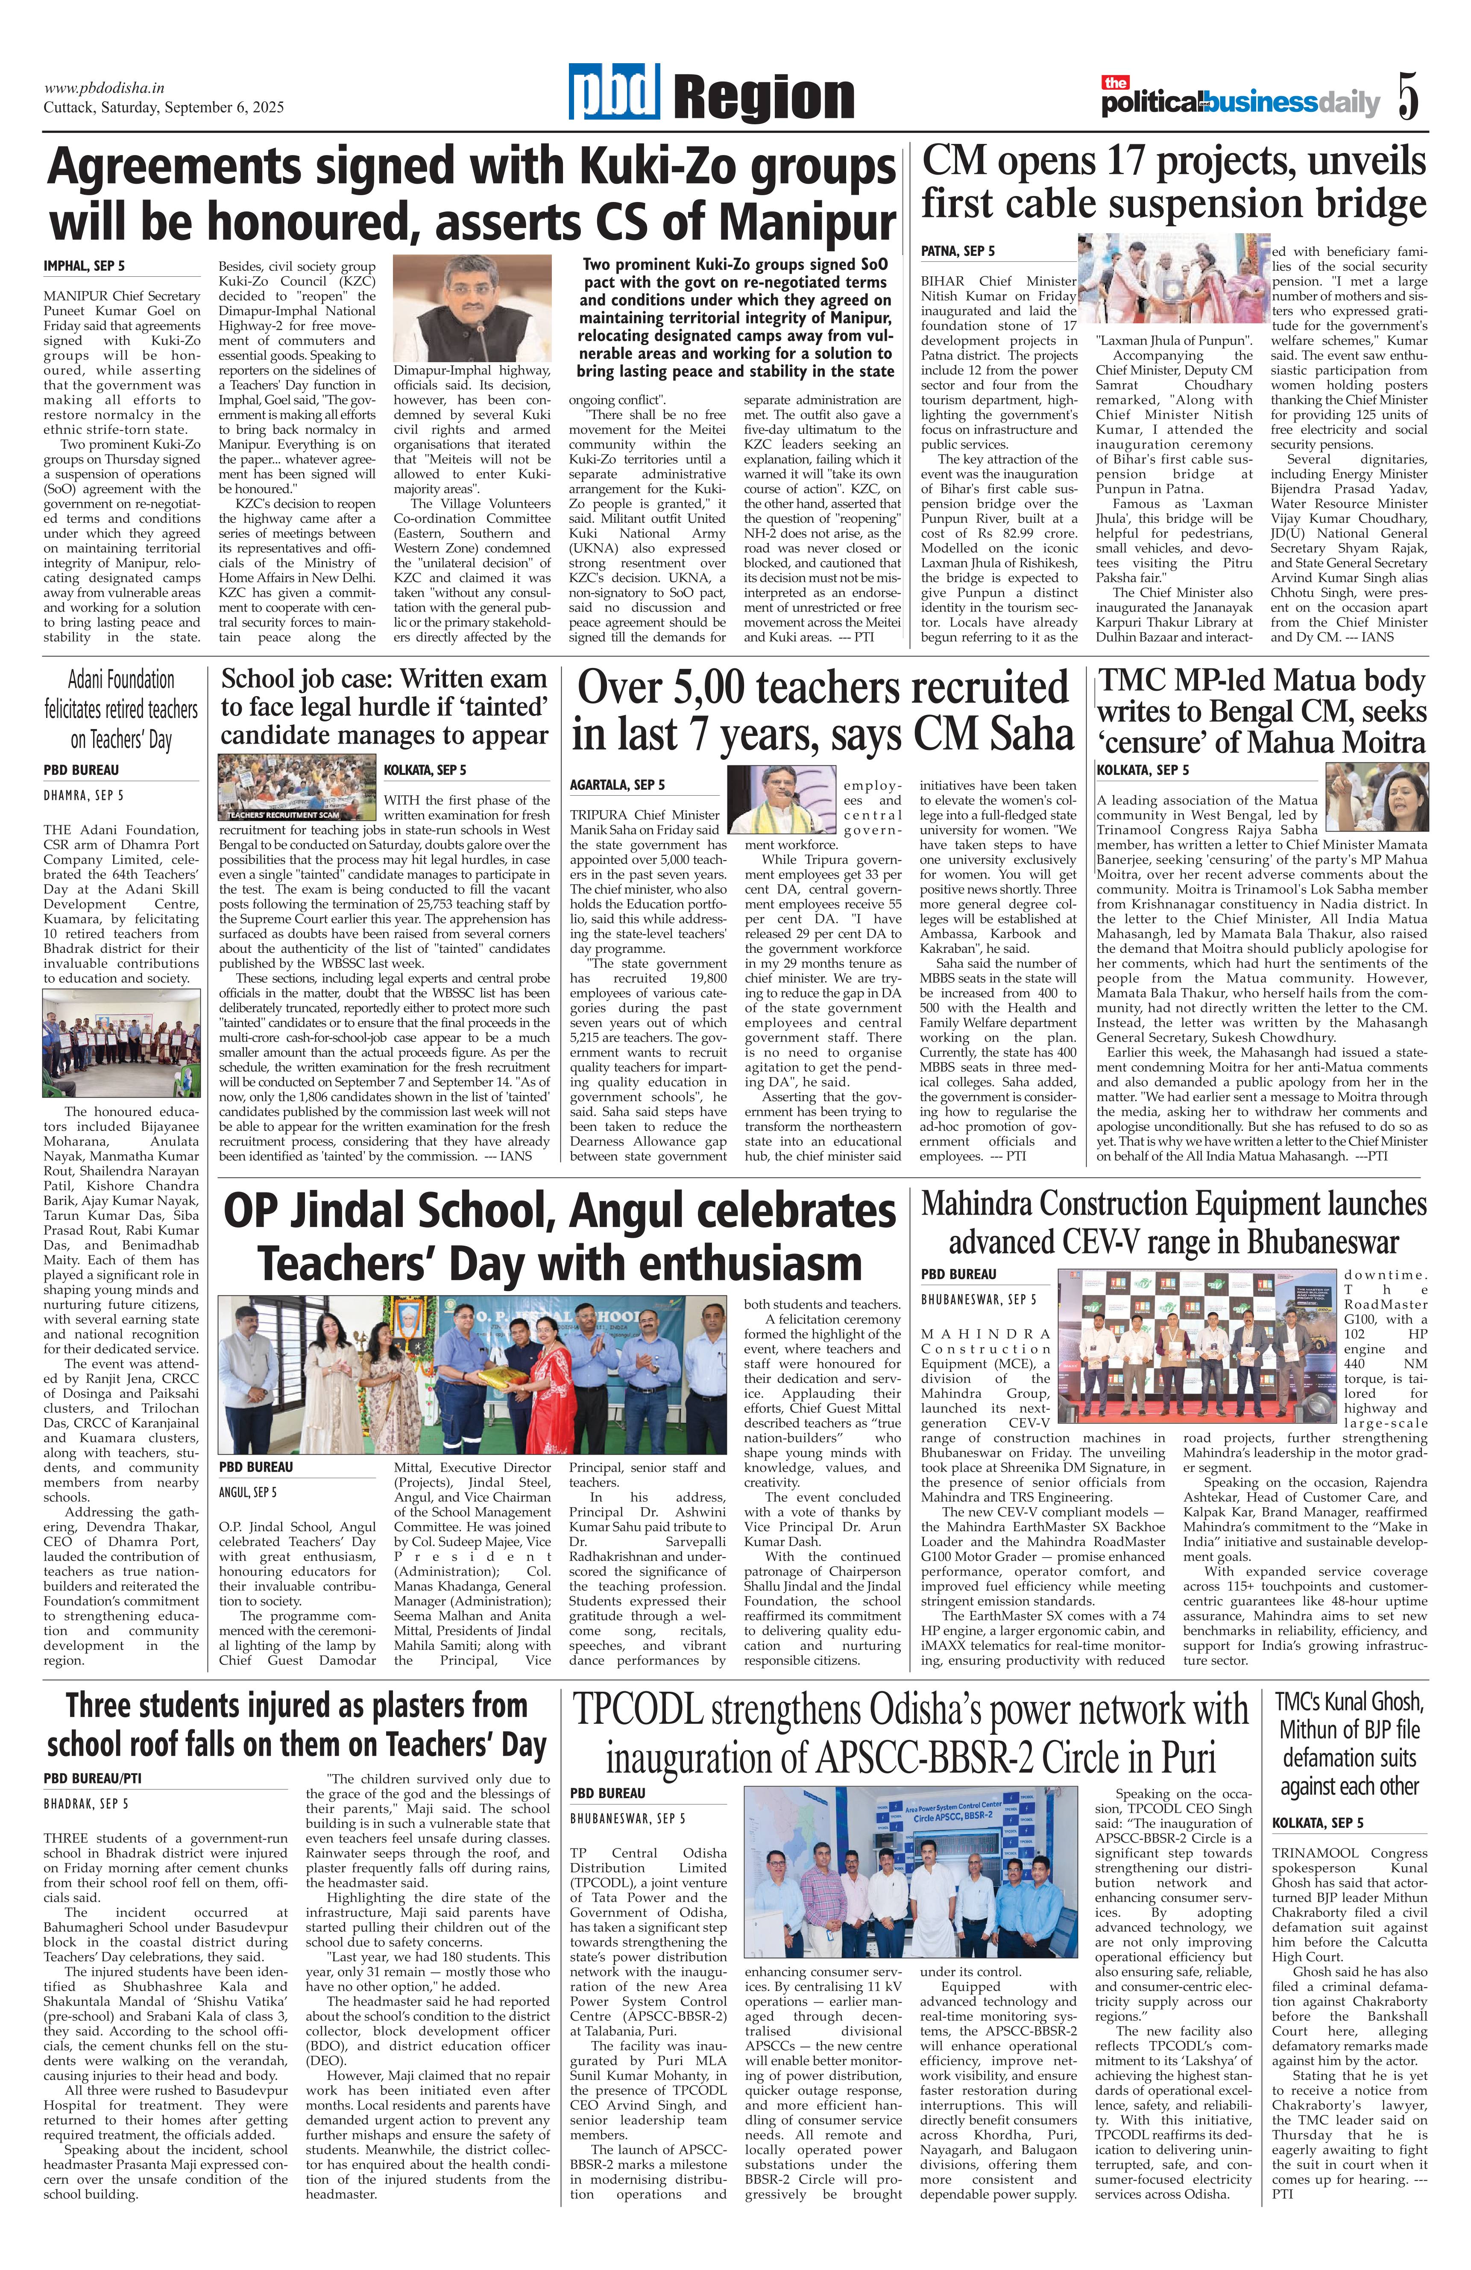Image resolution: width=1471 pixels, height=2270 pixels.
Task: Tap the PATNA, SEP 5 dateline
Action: pyautogui.click(x=958, y=251)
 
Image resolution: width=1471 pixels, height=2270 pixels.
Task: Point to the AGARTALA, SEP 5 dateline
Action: pyautogui.click(x=617, y=784)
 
